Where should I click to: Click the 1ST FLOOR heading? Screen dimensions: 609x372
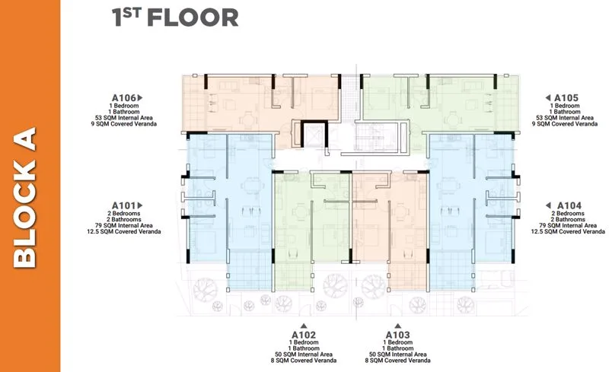175,17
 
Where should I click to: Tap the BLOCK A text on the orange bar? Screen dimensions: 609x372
25,197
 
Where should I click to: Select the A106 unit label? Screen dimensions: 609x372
124,98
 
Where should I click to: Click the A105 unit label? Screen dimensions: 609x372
566,98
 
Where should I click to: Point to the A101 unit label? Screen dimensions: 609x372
124,205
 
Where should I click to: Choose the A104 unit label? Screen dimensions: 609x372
569,205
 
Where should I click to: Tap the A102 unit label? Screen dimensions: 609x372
304,335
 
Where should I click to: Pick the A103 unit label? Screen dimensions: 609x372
397,335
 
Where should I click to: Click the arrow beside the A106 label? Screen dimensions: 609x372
140,98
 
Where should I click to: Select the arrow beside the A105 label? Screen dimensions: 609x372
547,98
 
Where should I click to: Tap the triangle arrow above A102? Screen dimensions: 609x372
304,326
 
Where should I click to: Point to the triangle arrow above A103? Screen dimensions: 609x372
397,326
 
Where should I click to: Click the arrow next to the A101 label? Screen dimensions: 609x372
140,205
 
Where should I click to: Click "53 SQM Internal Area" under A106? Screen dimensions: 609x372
124,118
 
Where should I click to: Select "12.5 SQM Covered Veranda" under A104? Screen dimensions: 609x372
568,231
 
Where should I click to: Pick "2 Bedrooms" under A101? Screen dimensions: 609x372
124,214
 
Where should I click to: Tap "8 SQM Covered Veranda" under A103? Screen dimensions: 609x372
397,361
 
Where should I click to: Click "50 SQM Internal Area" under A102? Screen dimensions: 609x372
304,355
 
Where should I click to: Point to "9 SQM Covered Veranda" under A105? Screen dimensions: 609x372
565,124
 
